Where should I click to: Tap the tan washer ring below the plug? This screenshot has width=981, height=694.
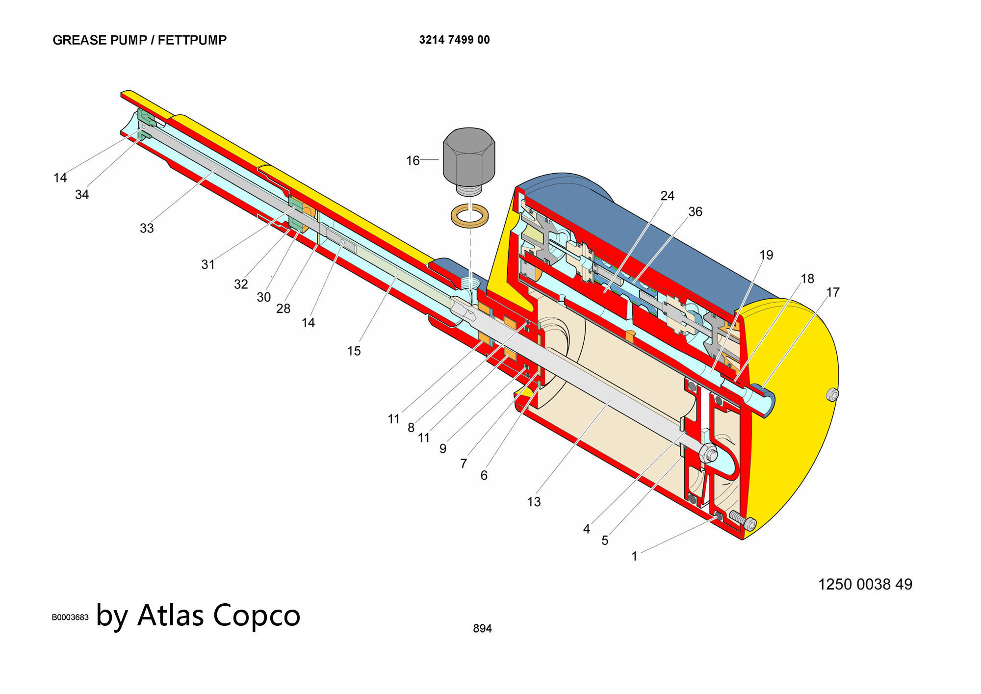coord(469,215)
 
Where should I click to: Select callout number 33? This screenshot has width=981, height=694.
coord(147,229)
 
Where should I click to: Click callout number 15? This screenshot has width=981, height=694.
coord(354,351)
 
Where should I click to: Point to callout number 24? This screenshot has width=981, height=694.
coord(667,196)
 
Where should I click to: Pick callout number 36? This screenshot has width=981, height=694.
coord(695,212)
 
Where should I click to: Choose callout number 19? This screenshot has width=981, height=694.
coord(766,255)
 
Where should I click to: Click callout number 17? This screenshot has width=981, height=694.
coord(833,292)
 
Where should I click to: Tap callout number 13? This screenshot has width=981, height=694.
coord(534,502)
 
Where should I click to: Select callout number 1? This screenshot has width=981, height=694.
coord(634,557)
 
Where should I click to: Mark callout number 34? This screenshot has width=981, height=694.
coord(82,195)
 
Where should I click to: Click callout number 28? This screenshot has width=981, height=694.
coord(283,308)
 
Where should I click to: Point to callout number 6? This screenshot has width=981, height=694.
coord(484,475)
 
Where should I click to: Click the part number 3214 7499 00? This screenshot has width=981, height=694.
coord(454,40)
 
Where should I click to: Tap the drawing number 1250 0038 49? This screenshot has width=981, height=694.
coord(865,584)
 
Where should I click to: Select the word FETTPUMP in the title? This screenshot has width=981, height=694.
coord(192,40)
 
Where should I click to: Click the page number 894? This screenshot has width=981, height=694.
coord(482,628)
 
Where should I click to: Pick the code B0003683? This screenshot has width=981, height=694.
coord(70,617)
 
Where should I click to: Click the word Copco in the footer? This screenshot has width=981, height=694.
coord(257,615)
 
